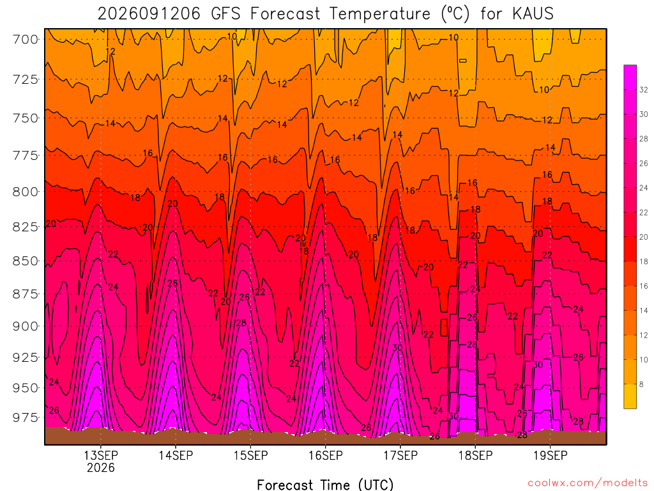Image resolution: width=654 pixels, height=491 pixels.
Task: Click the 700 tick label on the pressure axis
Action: coord(26,40)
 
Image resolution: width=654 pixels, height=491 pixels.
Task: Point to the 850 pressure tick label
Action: coord(26,261)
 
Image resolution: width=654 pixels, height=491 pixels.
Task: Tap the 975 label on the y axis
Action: coord(26,417)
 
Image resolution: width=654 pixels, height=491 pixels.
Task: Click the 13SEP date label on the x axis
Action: coord(101,455)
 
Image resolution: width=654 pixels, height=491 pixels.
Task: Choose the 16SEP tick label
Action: coord(326,455)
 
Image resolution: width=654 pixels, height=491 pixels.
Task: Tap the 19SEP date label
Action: coord(551,455)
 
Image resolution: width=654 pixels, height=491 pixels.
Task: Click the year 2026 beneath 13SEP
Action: coord(101,467)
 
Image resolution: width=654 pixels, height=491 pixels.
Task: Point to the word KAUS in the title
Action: coord(533,14)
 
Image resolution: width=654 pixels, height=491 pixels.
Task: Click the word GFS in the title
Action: coord(225,14)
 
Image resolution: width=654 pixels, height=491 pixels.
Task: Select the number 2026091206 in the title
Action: coord(149,14)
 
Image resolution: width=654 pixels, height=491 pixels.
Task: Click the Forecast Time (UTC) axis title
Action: coord(325,485)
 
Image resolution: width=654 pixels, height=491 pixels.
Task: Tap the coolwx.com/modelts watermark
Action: coord(588,483)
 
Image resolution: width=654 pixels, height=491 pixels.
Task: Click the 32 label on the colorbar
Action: coord(644,90)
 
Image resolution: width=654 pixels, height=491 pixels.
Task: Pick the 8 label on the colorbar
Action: coord(641,384)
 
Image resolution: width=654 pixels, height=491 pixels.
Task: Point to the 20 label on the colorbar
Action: coord(644,237)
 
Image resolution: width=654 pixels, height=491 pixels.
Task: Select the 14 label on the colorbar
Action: coord(644,311)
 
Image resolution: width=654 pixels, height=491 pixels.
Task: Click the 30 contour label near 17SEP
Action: coord(397,348)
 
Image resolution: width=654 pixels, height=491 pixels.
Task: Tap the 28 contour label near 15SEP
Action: coord(241,323)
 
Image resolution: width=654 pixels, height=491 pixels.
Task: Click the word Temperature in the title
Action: coord(380,14)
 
